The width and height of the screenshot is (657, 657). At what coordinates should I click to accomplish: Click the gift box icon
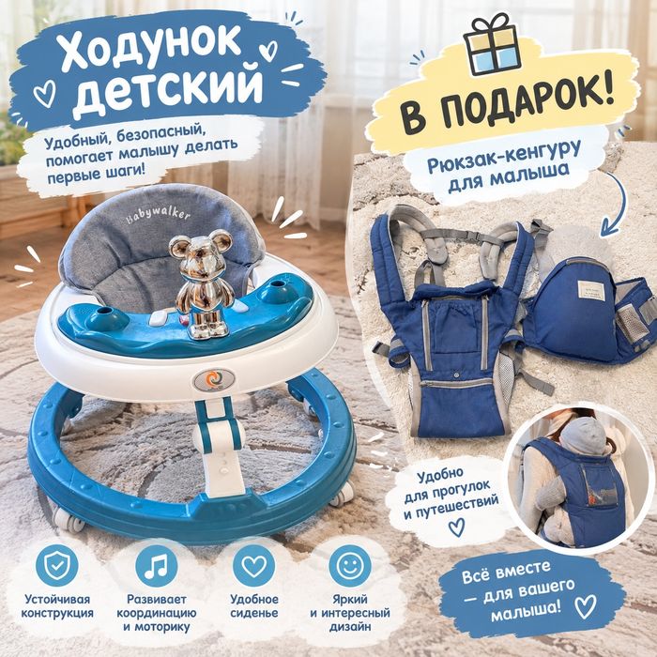tap(492, 44)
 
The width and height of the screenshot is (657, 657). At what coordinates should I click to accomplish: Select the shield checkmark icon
tap(57, 565)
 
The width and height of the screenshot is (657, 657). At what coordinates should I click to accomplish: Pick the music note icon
tap(157, 566)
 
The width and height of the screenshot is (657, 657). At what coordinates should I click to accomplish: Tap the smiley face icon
tap(350, 566)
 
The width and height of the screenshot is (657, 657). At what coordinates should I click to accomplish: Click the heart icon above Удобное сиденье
tap(254, 566)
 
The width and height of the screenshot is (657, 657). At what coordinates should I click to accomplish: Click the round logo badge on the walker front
tap(214, 379)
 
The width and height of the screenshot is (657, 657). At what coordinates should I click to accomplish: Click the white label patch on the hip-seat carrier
tap(591, 293)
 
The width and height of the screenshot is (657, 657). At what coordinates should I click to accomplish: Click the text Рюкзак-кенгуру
tap(504, 157)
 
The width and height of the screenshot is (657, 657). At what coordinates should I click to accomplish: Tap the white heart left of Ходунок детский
tap(44, 93)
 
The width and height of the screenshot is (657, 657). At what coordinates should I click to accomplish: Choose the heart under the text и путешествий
tap(456, 527)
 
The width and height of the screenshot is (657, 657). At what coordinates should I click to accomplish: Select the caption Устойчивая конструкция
tap(57, 606)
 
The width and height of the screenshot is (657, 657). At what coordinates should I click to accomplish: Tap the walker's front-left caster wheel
tap(70, 520)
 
